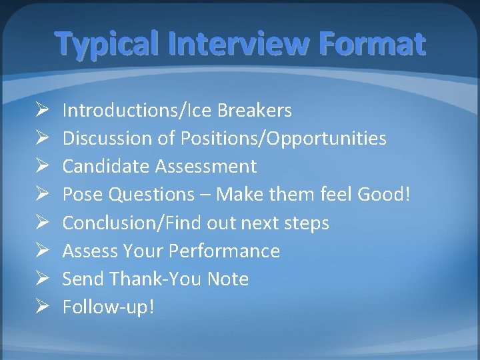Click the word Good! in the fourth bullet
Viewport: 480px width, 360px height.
[x=386, y=194]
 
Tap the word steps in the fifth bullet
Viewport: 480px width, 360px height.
[x=305, y=223]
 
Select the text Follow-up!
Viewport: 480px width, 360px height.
[x=108, y=307]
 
